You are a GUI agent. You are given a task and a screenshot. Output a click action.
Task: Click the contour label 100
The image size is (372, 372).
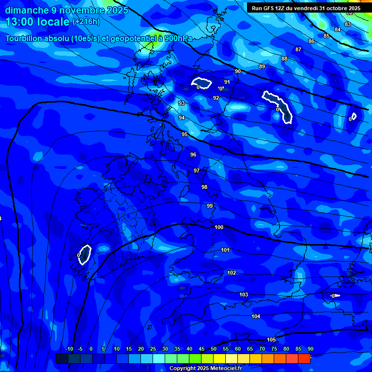click(219, 227)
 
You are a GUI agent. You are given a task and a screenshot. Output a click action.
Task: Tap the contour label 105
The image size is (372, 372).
click(271, 340)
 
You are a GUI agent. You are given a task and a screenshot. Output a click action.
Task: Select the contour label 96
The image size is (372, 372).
click(193, 155)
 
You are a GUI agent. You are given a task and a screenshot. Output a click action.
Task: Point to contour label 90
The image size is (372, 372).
click(238, 71)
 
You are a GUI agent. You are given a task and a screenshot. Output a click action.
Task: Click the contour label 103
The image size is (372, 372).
click(244, 294)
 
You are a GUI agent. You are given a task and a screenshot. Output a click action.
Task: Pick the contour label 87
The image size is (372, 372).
click(298, 49)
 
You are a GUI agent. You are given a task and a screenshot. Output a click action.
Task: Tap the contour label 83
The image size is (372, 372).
click(348, 24)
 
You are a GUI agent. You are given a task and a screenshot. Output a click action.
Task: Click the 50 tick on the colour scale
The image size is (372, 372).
click(214, 349)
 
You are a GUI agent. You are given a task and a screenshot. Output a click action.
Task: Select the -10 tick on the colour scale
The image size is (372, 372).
click(69, 349)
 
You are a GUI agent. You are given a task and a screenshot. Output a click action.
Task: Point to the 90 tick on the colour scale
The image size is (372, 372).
click(310, 349)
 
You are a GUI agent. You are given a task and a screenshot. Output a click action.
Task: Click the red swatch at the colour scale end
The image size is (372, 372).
click(304, 358)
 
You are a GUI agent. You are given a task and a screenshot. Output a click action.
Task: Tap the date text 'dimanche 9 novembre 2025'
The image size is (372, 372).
click(66, 10)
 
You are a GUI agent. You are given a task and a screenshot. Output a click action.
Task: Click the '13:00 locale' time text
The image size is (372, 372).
click(37, 22)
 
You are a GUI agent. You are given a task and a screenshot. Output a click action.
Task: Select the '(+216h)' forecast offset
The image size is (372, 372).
click(86, 22)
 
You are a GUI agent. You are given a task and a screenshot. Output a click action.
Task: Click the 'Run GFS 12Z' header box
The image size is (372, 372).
click(306, 8)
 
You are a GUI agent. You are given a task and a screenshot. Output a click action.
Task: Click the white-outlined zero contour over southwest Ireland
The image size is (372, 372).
click(85, 254)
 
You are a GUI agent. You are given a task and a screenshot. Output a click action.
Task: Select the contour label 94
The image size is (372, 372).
click(182, 118)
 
